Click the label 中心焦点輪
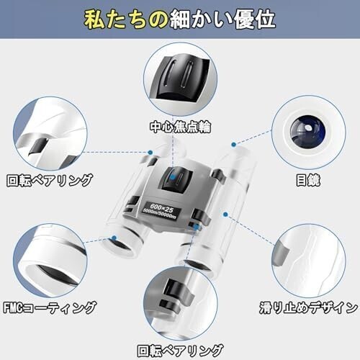click(180, 127)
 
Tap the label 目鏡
click(308, 180)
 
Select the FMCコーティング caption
click(50, 307)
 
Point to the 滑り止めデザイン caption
click(308, 307)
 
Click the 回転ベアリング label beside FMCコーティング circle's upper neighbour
click(50, 180)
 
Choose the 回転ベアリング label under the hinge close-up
click(180, 351)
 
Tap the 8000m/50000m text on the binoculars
click(159, 214)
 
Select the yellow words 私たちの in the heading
click(127, 19)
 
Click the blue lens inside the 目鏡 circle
click(308, 132)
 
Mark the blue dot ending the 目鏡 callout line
click(234, 145)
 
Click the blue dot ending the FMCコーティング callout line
click(114, 238)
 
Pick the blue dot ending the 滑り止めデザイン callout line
click(225, 214)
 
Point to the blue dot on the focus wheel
click(173, 177)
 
